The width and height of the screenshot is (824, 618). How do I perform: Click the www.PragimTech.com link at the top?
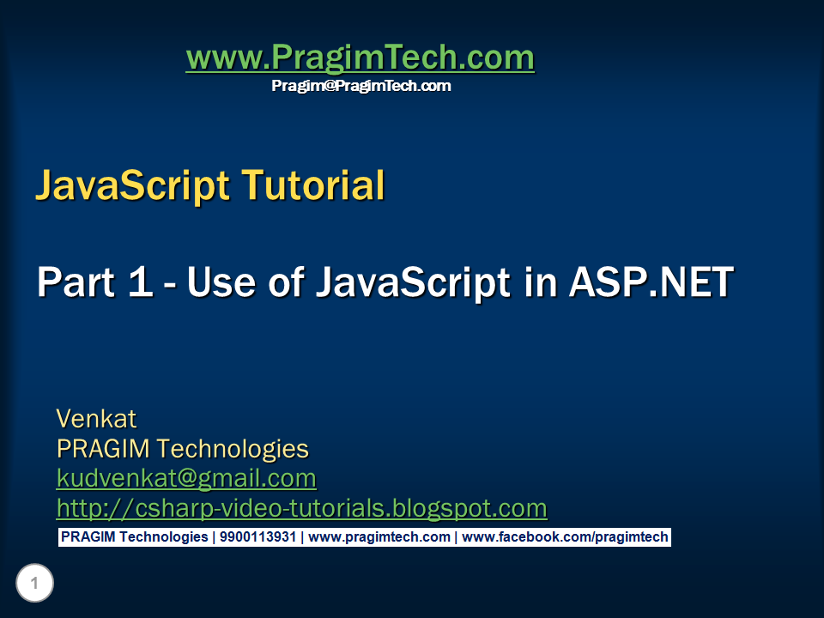pos(360,58)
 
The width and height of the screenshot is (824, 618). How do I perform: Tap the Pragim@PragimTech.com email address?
pos(360,86)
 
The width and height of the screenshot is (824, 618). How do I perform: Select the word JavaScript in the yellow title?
pos(133,185)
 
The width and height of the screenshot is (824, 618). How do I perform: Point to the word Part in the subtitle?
pos(76,282)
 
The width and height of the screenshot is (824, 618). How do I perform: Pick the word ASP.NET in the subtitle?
pos(651,282)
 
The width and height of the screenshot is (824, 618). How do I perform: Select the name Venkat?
pos(96,419)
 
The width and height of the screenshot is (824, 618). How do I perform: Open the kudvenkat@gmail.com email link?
pos(186,478)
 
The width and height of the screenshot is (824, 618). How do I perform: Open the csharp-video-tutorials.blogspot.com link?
pos(301,508)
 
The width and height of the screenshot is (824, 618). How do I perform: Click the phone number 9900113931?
pos(257,537)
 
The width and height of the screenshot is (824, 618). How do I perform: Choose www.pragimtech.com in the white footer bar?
pos(379,537)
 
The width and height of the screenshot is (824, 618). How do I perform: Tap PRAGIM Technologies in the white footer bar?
pos(133,537)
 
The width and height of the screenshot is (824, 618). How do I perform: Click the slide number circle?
pos(34,585)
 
